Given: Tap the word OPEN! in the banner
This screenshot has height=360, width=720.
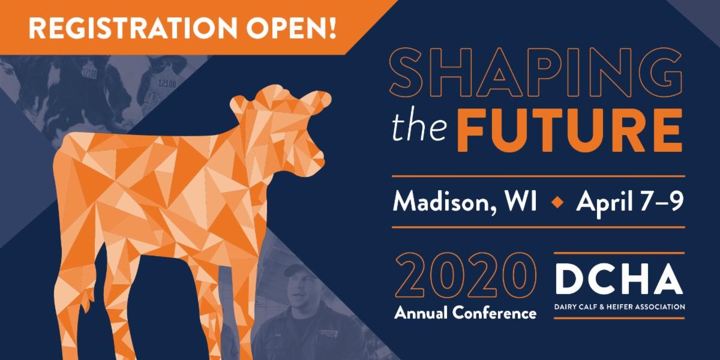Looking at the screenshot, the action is coord(292,28).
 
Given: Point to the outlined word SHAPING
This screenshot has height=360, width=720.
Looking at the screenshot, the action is coord(537,73).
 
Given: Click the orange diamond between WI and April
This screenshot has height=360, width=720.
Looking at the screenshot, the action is coord(557,202).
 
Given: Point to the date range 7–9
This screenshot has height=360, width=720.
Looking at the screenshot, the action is coord(662,200).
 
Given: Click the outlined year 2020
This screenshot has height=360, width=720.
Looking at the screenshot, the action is coord(466,275).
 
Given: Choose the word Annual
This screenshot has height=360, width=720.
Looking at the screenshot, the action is coord(421,313).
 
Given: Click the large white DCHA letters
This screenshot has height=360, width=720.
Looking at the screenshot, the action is coord(619,278).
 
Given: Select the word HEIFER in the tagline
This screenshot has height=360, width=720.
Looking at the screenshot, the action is coord(622,307).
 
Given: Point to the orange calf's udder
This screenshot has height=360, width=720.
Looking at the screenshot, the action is coord(88,299).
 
